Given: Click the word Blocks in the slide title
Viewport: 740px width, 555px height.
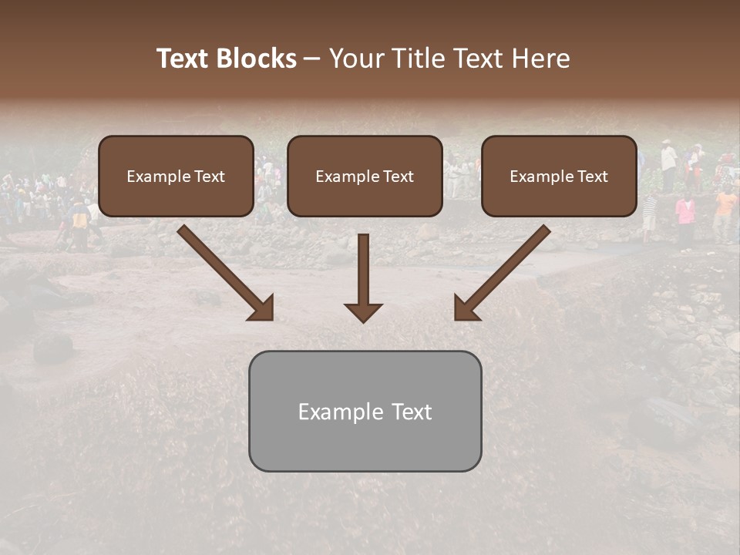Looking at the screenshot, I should click(x=257, y=59).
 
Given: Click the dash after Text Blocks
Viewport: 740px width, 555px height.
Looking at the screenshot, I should click(x=312, y=59).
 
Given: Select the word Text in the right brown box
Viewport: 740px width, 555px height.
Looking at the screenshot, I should click(x=592, y=177).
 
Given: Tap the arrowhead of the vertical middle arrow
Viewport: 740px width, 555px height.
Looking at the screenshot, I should click(x=363, y=312).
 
